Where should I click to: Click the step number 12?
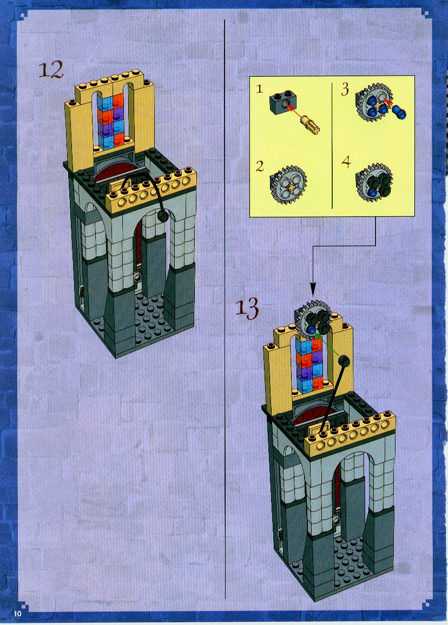pyautogui.click(x=51, y=70)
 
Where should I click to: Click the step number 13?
pyautogui.click(x=247, y=308)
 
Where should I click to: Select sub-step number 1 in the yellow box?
pyautogui.click(x=260, y=88)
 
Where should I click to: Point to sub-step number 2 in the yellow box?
pyautogui.click(x=260, y=166)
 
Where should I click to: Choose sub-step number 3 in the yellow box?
pyautogui.click(x=345, y=89)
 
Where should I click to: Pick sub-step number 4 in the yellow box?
pyautogui.click(x=346, y=162)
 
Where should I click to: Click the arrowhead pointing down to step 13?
pyautogui.click(x=313, y=288)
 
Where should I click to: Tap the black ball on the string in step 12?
pyautogui.click(x=162, y=216)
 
